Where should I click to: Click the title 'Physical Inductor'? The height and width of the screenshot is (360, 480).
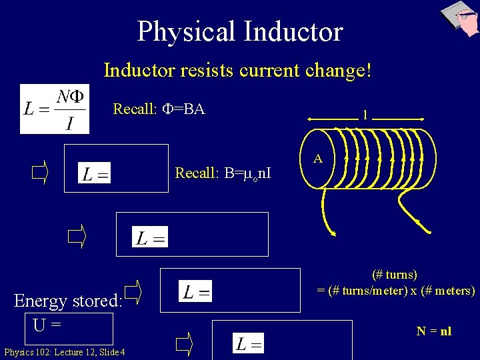point(240,31)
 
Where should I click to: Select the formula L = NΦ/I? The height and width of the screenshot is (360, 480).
point(54,109)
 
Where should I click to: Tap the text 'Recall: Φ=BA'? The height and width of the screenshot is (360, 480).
point(159,108)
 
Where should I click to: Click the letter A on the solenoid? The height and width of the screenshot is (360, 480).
point(318,159)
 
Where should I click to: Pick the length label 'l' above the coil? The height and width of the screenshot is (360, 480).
point(365,115)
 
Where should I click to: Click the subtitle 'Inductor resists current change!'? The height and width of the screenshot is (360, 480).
point(237,70)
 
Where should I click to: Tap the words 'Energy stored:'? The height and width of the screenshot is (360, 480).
point(68,301)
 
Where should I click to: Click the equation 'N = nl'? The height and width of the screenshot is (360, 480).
point(434,331)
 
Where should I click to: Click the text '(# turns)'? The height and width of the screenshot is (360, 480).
point(395,274)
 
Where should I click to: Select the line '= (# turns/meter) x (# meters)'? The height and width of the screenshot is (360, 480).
point(396,291)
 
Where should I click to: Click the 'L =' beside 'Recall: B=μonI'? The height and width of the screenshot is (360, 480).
point(95,175)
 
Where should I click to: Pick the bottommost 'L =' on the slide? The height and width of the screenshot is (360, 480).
point(249,344)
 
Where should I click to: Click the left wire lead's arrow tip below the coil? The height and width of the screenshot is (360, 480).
point(333,233)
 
